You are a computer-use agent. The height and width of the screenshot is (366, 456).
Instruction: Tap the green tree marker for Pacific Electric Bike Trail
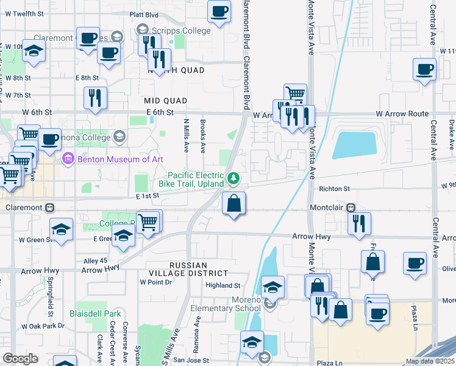pos(232,178)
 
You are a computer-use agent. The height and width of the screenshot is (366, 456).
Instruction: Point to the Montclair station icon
pos(351,207)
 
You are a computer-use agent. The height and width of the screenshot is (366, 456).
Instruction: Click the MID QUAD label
pos(165,99)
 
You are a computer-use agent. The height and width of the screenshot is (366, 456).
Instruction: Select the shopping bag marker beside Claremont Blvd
pos(233,204)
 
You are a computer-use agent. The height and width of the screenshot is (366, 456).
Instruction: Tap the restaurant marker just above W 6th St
pos(95,98)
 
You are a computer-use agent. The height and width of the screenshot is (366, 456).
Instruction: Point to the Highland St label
pos(223,285)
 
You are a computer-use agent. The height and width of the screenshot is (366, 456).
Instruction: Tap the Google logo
pos(21,359)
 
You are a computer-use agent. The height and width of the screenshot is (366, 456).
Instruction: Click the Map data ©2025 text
pos(429,361)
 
